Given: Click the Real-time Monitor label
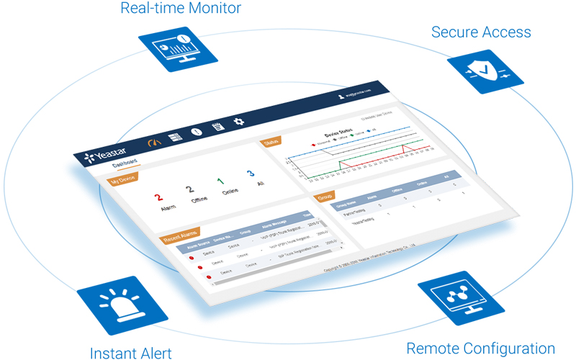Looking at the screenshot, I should (180, 9).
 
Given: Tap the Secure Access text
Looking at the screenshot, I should (481, 32).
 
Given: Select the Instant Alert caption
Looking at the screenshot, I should (131, 352).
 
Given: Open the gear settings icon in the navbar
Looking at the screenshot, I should (240, 122).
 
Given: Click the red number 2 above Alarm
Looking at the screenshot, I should (159, 196).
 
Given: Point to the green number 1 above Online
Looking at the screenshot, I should (220, 181).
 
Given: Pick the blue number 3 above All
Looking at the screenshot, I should (250, 174).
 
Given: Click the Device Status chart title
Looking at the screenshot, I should (338, 135).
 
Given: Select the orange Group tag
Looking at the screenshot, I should (325, 194).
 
